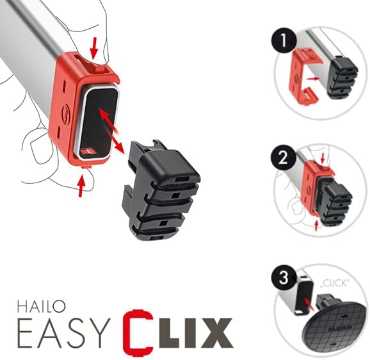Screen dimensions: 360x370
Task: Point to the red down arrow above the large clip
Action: click(x=95, y=47)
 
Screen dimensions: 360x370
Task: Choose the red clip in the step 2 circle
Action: click(x=318, y=186)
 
